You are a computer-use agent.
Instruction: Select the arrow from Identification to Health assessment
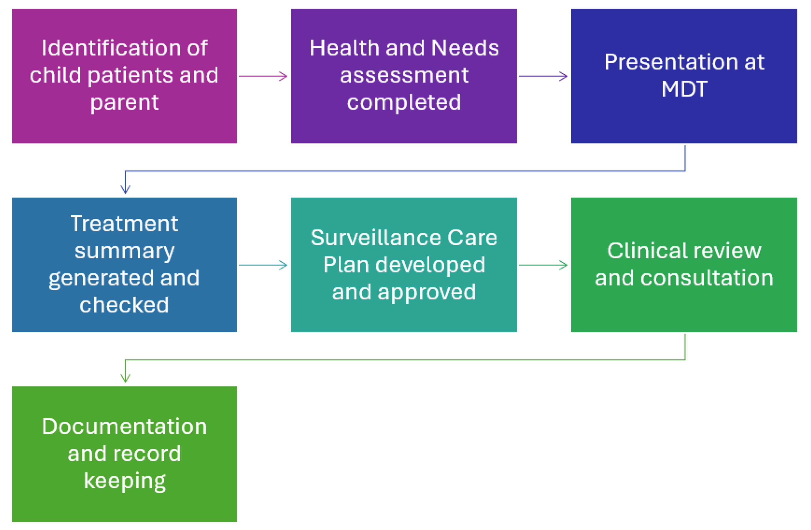(x=263, y=76)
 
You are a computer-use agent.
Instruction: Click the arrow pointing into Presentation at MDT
(x=543, y=76)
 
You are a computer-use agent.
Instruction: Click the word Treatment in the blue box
(x=124, y=224)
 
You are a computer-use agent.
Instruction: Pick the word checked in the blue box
(x=124, y=305)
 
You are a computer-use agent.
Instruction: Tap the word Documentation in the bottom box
(x=124, y=426)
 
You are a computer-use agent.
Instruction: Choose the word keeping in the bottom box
(x=124, y=481)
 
